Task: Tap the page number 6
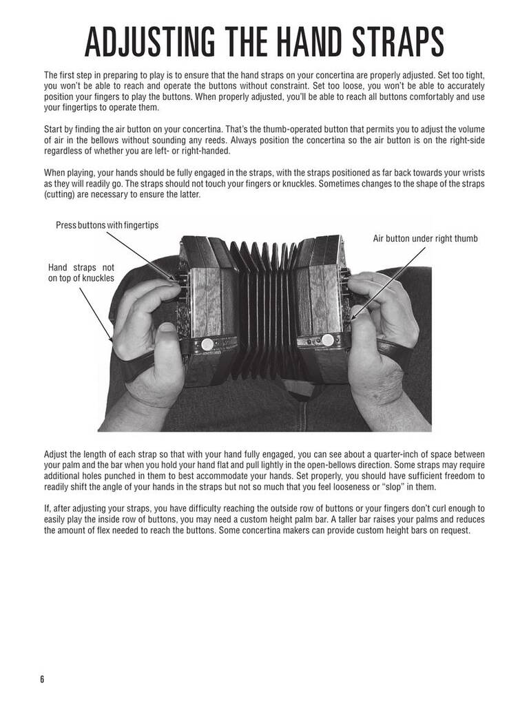(41, 679)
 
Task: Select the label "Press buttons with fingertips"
(107, 225)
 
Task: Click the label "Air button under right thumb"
(425, 238)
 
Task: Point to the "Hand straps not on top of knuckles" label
(81, 273)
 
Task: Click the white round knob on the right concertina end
(328, 339)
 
